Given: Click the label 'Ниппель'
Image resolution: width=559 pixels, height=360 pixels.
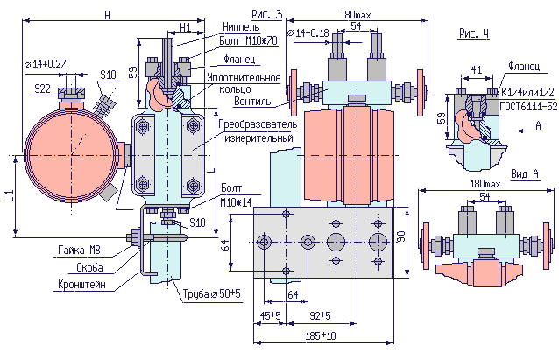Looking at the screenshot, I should tap(240, 27).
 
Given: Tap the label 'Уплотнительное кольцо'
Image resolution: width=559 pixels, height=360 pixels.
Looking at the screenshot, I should tap(239, 84).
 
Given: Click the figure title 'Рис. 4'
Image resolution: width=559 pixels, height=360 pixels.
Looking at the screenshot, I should tap(474, 33).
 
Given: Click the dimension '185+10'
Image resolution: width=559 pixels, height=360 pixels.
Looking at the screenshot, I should tap(322, 335).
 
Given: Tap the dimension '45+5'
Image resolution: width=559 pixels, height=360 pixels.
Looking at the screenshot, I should tap(269, 314).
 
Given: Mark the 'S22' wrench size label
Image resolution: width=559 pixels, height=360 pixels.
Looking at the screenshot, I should tap(42, 88).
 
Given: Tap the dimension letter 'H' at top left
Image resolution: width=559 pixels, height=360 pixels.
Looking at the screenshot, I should tap(107, 15).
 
